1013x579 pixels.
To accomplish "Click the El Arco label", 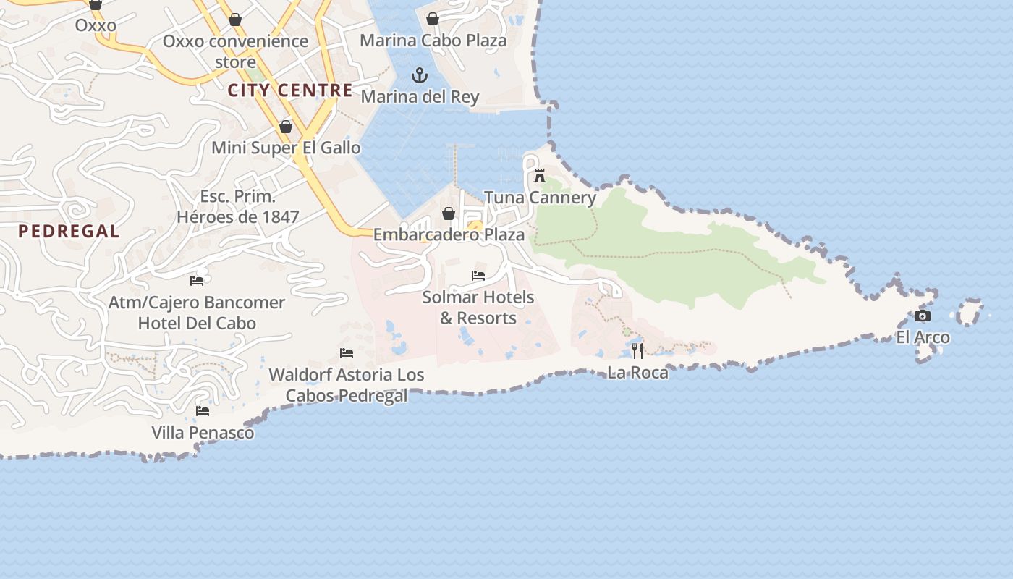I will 923,337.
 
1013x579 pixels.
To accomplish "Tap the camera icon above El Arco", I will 923,316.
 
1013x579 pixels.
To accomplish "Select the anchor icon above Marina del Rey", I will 420,75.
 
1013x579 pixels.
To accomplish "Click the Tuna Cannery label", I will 541,198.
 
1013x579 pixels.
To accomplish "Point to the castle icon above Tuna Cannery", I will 540,176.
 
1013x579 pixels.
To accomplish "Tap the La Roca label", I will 637,373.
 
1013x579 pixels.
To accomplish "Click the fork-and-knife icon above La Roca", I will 637,352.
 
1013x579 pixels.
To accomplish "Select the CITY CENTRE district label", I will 290,90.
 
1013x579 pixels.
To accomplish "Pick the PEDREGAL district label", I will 69,232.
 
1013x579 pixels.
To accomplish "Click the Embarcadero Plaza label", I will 449,234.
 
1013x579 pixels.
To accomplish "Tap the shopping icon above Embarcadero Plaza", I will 449,214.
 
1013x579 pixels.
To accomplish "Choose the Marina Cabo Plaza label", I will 433,41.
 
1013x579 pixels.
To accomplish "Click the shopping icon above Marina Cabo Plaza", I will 433,19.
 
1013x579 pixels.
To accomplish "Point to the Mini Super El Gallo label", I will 286,148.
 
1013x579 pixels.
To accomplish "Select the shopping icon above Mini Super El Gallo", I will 286,127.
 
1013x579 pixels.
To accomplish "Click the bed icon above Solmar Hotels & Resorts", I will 478,276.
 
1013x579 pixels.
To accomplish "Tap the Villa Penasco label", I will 203,433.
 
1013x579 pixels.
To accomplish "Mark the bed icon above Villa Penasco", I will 203,411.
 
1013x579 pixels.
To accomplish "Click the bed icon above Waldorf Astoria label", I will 347,353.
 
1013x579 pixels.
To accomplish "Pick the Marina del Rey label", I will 420,96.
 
